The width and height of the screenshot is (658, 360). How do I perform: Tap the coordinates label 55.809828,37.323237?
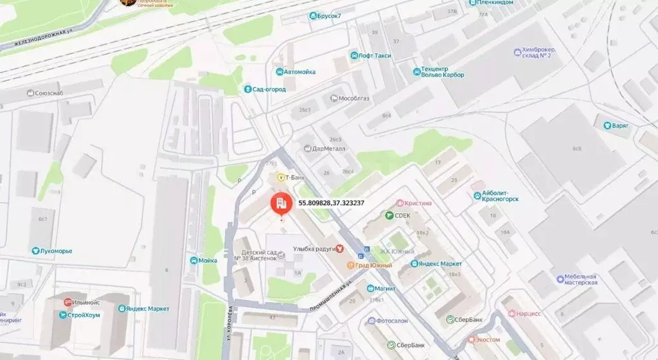331,203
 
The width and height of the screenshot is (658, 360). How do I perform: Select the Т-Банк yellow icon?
280,177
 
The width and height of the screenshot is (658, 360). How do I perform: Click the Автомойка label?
299,72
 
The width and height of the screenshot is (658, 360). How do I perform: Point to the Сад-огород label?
269,89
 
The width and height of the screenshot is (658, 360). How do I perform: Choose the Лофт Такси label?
375,56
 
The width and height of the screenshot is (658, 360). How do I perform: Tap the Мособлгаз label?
351,98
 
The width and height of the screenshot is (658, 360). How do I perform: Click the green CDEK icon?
389,216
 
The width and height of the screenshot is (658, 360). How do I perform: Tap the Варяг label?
620,126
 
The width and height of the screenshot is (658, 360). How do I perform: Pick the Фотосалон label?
393,321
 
